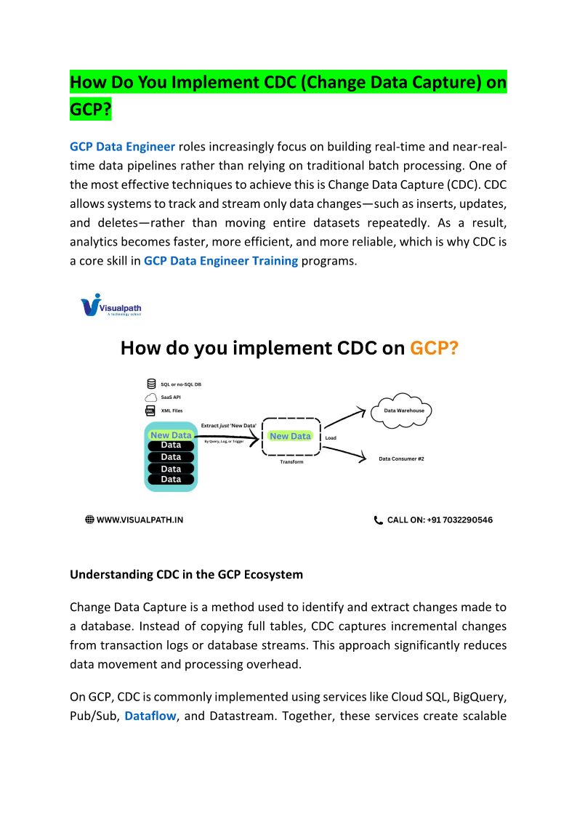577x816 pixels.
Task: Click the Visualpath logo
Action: pyautogui.click(x=110, y=304)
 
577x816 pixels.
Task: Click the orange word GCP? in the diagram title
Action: pyautogui.click(x=434, y=348)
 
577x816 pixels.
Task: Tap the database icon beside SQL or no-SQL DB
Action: pyautogui.click(x=151, y=384)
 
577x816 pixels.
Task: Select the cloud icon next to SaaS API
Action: pyautogui.click(x=151, y=397)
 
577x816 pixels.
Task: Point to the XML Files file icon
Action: pyautogui.click(x=150, y=411)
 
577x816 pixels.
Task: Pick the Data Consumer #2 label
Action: pyautogui.click(x=401, y=459)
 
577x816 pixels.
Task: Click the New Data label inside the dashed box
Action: pyautogui.click(x=290, y=436)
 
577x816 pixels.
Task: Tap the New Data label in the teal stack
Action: pyautogui.click(x=171, y=435)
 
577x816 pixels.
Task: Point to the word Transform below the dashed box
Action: pyautogui.click(x=291, y=462)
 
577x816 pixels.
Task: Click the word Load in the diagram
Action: pyautogui.click(x=331, y=438)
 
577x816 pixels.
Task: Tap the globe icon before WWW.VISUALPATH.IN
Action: pyautogui.click(x=89, y=520)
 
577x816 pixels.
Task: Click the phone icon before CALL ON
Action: pyautogui.click(x=378, y=520)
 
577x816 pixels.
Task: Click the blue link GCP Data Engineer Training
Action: pyautogui.click(x=221, y=261)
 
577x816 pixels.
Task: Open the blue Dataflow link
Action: pyautogui.click(x=150, y=716)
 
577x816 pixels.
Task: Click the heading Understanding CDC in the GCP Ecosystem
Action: pyautogui.click(x=186, y=575)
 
